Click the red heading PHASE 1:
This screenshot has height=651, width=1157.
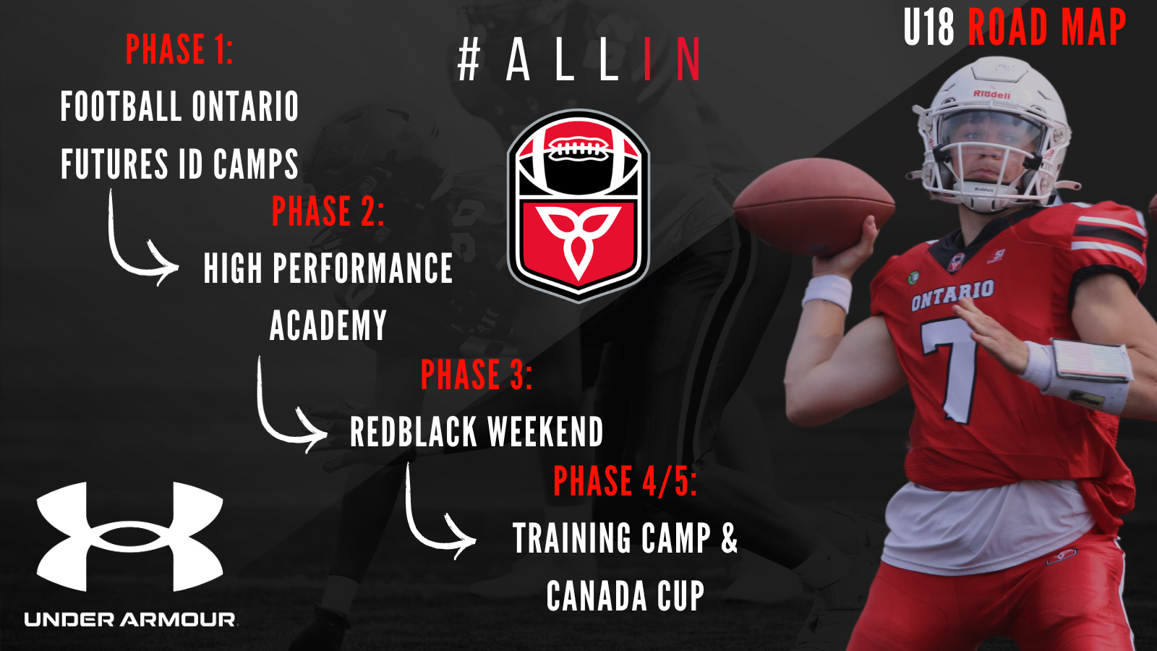179,49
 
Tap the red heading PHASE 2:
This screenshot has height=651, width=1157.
328,210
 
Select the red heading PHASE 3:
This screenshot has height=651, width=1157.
477,374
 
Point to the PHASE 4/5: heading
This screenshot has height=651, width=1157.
625,481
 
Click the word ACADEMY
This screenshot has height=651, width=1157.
328,325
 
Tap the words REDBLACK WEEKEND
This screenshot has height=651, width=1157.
477,431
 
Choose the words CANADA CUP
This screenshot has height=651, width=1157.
625,595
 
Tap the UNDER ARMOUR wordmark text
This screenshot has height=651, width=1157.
130,619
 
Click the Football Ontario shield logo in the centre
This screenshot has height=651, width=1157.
578,205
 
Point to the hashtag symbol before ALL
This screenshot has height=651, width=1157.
469,61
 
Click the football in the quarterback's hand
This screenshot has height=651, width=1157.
813,205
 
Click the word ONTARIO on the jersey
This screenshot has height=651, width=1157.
952,295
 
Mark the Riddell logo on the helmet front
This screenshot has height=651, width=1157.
991,94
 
